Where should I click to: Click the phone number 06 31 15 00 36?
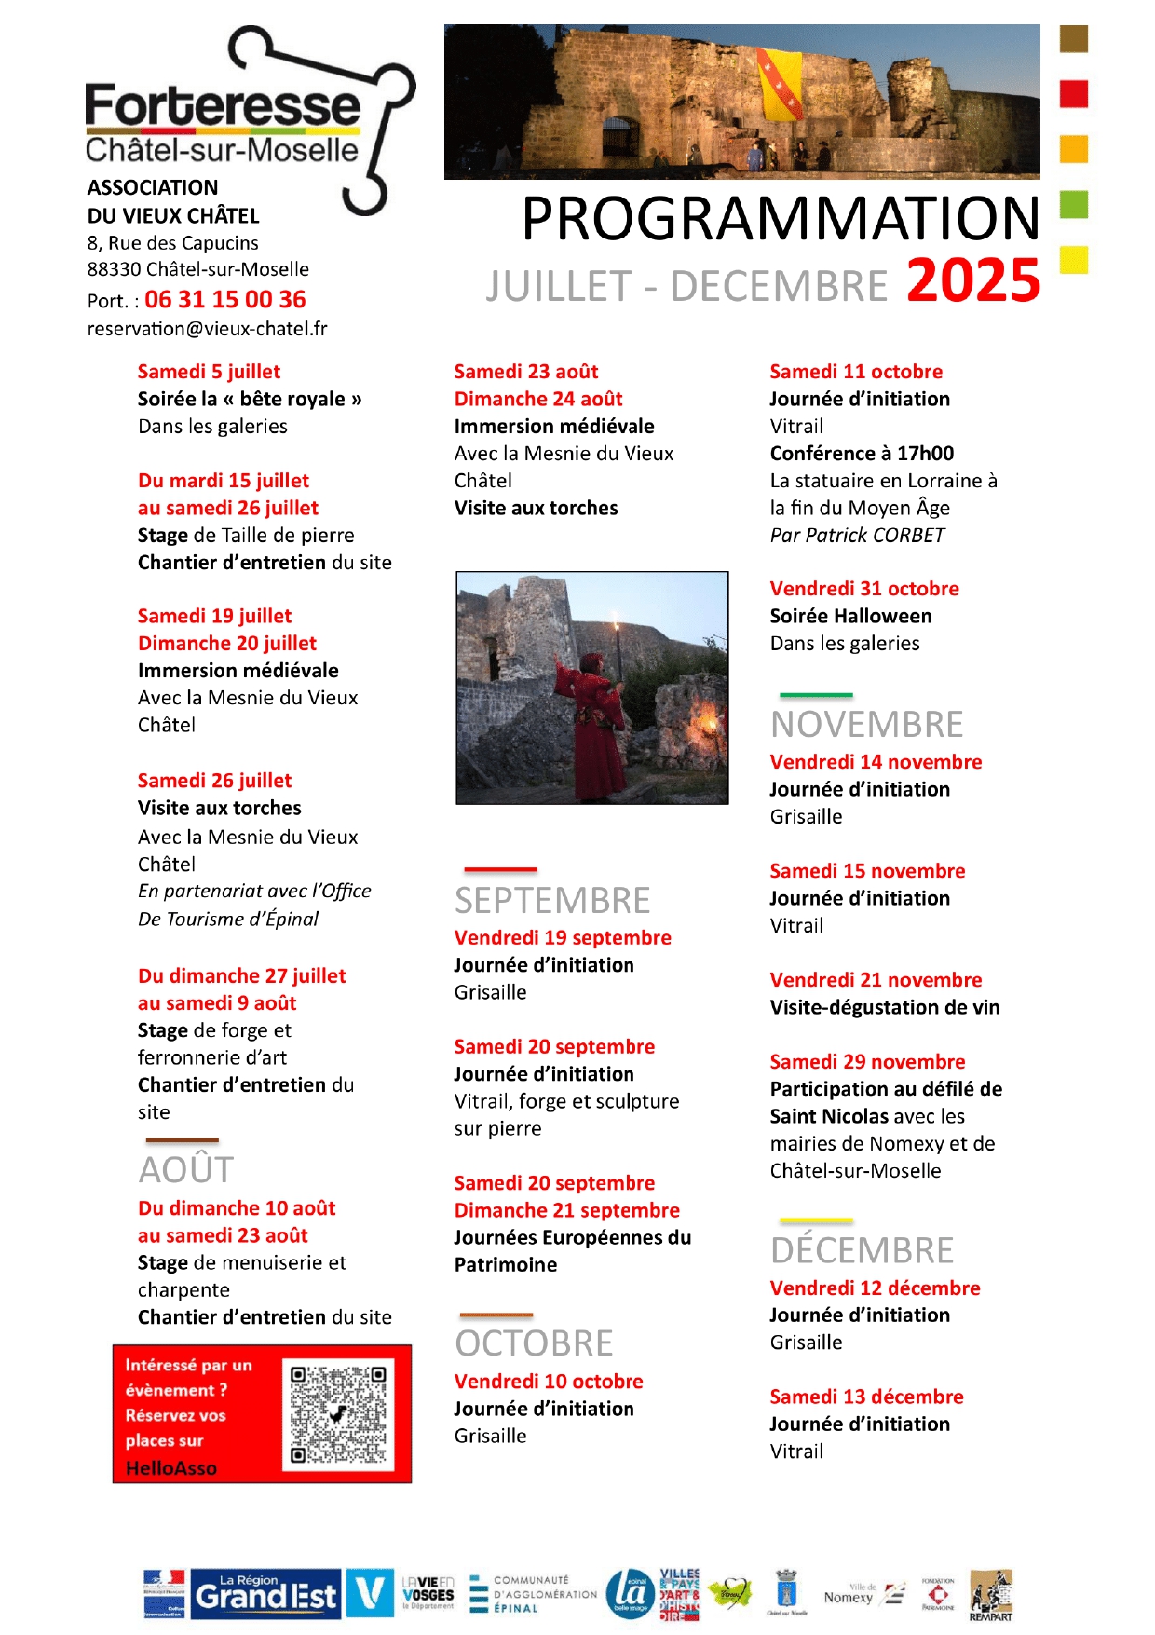coord(224,300)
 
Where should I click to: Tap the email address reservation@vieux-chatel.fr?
coord(207,329)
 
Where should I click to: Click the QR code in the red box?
coord(338,1413)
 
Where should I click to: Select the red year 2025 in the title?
coord(972,280)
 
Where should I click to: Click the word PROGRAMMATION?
coord(780,219)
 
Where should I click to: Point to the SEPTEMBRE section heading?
coord(552,901)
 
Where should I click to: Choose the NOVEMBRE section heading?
coord(866,725)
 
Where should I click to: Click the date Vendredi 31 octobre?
coord(863,589)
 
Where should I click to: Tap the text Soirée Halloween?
coord(850,616)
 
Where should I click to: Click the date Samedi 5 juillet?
coord(209,372)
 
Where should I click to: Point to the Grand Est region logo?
coord(265,1595)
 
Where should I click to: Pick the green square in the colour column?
coord(1074,204)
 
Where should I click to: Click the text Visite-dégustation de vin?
coord(884,1007)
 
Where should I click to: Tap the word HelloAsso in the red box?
coord(171,1468)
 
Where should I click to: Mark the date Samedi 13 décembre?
coord(866,1397)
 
